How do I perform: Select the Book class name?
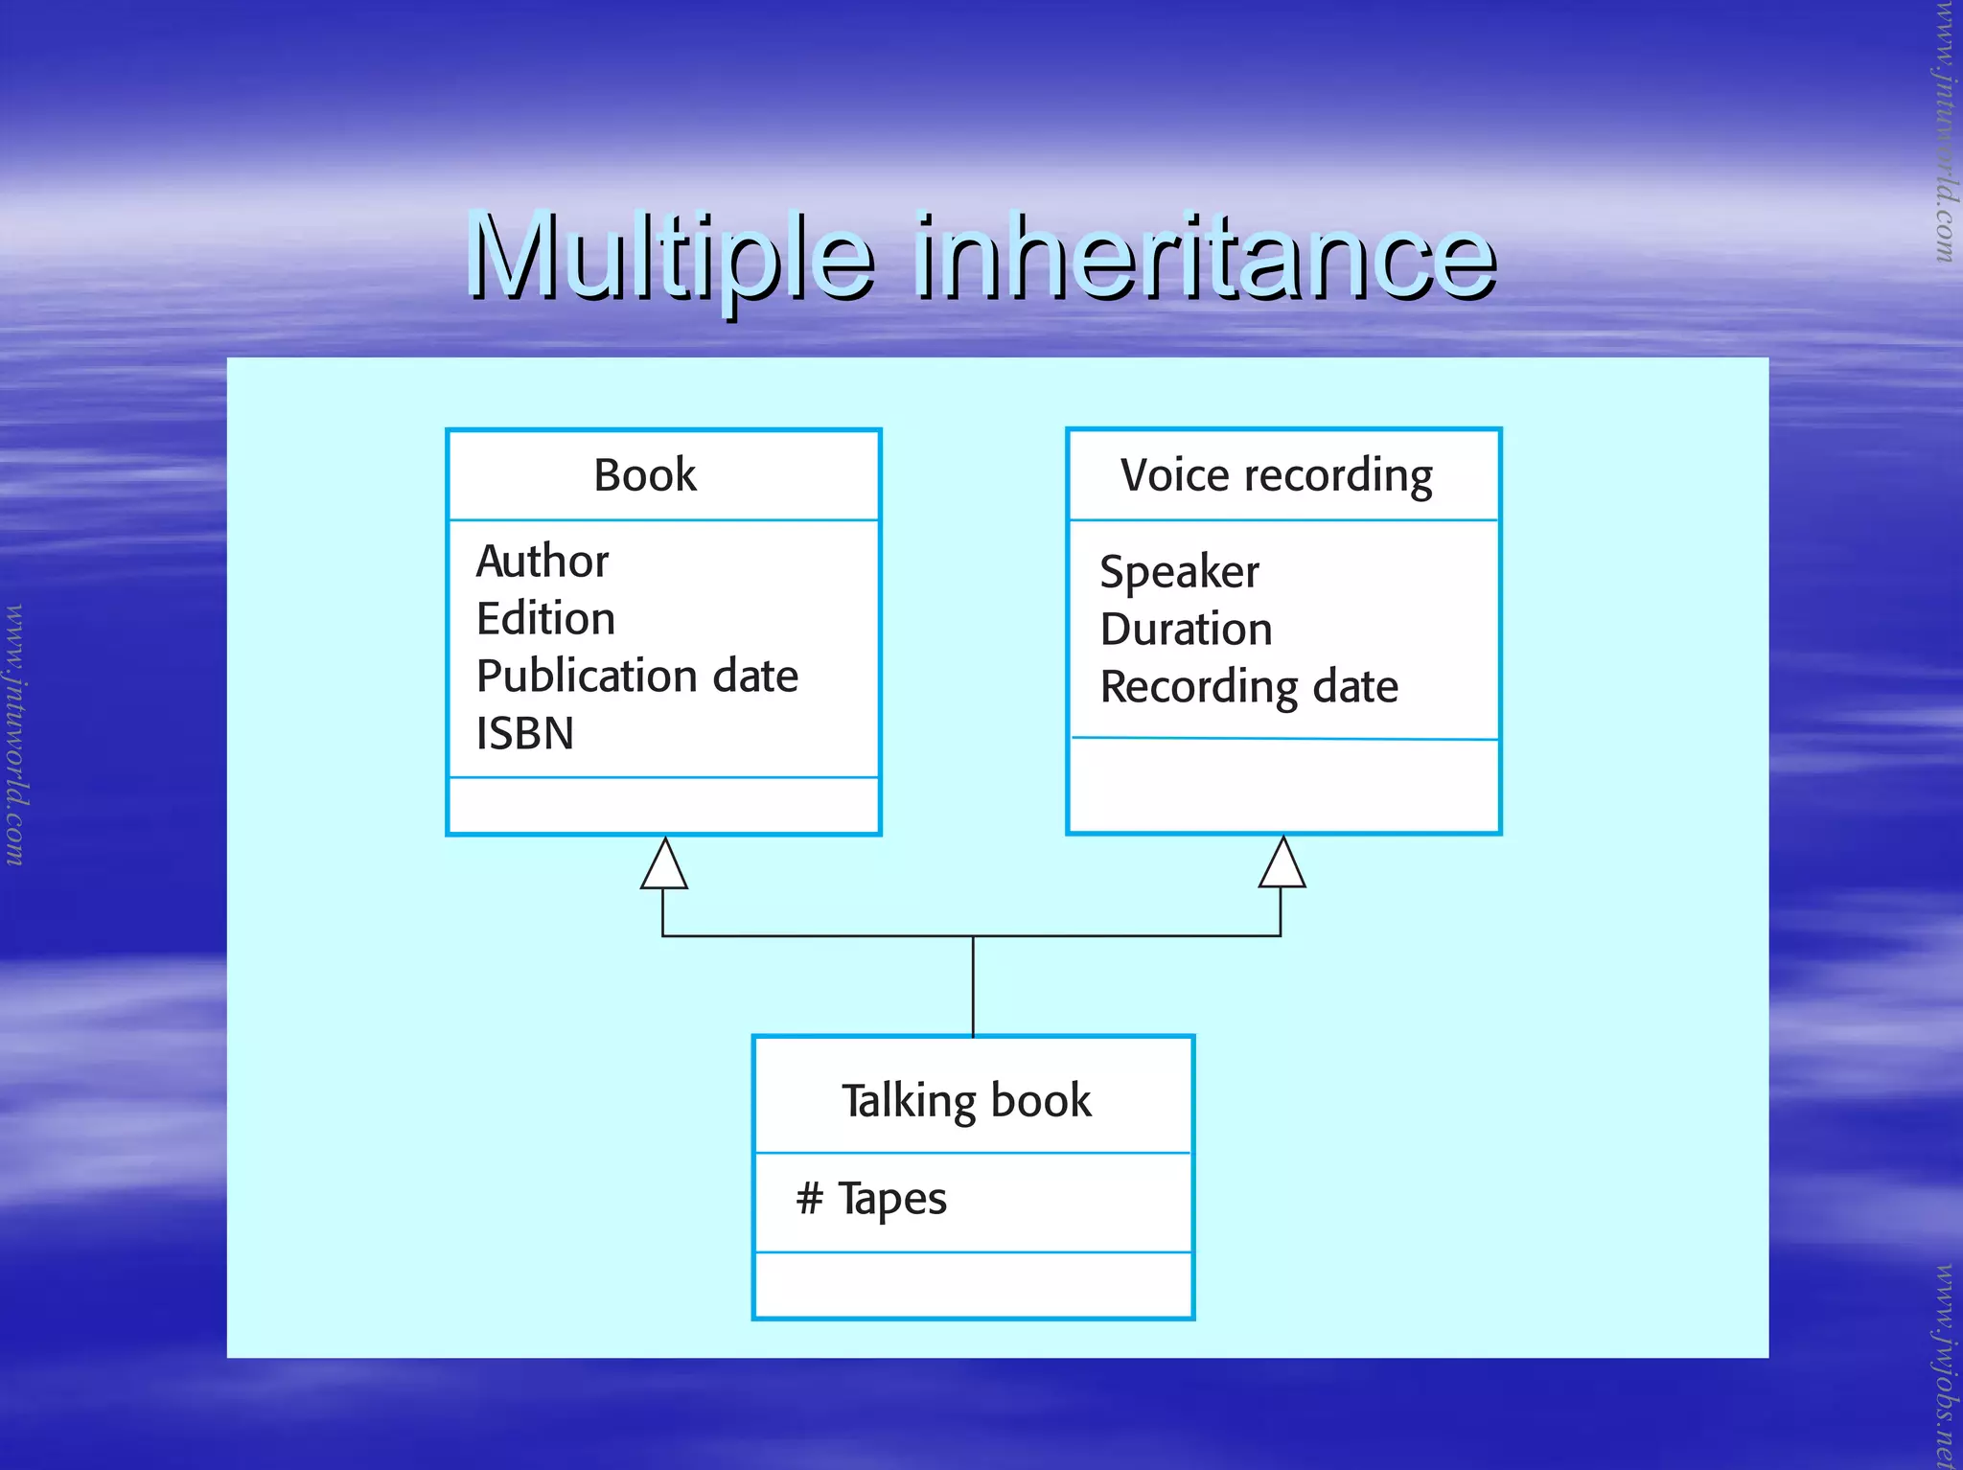(645, 475)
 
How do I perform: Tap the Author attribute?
(543, 562)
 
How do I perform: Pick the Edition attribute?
(545, 619)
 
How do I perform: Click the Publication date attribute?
(636, 677)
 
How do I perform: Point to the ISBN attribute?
(524, 734)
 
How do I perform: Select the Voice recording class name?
(1277, 476)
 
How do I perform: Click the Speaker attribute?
(1179, 573)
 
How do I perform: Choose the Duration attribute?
(1186, 630)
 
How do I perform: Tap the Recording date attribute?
(1249, 687)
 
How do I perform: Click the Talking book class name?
(966, 1101)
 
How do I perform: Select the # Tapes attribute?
(871, 1199)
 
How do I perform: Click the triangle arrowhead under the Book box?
(663, 865)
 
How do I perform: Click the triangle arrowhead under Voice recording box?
(1282, 864)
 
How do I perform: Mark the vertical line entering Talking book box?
(973, 987)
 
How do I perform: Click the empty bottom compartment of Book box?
(663, 806)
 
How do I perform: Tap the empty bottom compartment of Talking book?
(973, 1285)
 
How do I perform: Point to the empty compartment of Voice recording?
(1283, 786)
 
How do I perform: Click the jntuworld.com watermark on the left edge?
(14, 735)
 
